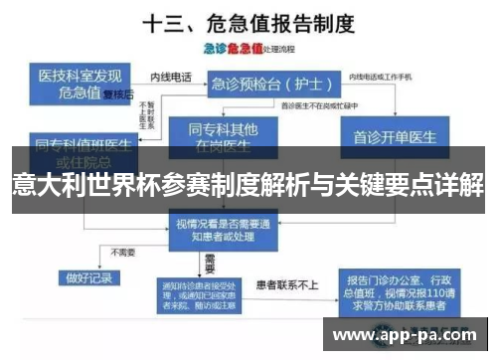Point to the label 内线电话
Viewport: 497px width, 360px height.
(167, 76)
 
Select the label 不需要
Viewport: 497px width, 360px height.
(125, 252)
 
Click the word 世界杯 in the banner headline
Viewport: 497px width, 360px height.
(122, 185)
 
